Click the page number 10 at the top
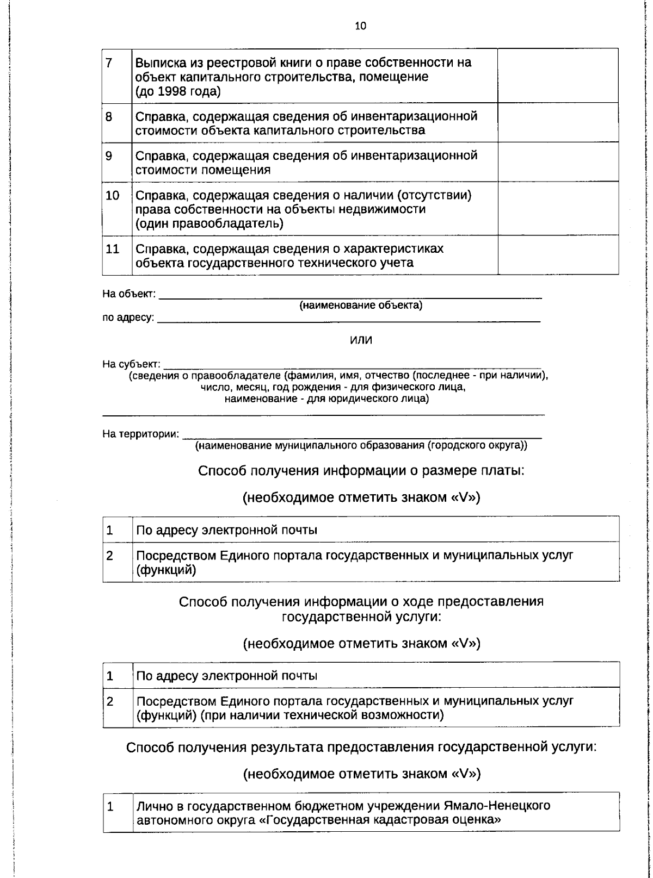pos(360,26)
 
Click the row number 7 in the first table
pos(109,63)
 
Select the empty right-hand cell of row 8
pos(558,122)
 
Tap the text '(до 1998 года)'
pos(177,92)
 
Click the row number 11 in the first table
pos(112,250)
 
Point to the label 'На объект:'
pos(129,294)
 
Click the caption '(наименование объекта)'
pos(361,306)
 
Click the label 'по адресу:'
pos(128,317)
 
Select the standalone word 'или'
pos(361,340)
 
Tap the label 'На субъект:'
pos(131,364)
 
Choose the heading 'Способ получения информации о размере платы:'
pos(361,470)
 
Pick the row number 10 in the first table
pos(112,195)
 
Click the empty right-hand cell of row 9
pos(558,161)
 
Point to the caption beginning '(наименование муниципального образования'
pos(361,445)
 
